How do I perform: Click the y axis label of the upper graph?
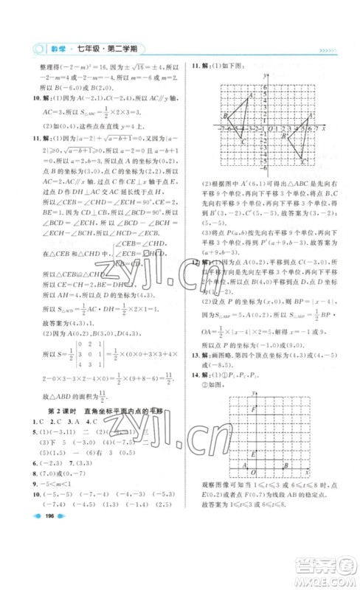click(x=263, y=74)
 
